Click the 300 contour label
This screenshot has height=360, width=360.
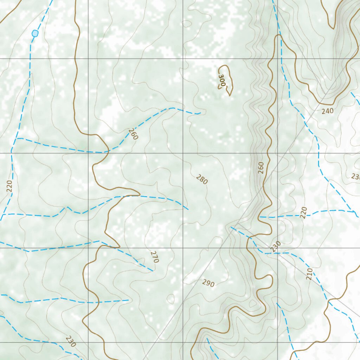point(222,81)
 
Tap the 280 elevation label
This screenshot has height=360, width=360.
point(202,179)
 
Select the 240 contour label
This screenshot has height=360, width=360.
point(327,111)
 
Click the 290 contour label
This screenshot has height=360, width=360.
point(208,283)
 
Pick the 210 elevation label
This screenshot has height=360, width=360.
point(309,274)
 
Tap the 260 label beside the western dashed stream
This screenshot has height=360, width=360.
point(133,134)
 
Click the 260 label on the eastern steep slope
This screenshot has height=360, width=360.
point(261,168)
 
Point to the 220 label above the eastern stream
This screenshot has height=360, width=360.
point(304,212)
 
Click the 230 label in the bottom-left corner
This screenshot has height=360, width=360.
point(71,342)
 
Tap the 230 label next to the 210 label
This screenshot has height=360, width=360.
point(276,246)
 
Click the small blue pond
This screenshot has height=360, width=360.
point(35,33)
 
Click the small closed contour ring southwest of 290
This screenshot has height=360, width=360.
point(171,299)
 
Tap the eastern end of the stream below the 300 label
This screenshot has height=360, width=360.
point(200,113)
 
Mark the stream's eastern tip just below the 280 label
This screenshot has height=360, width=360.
point(188,210)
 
